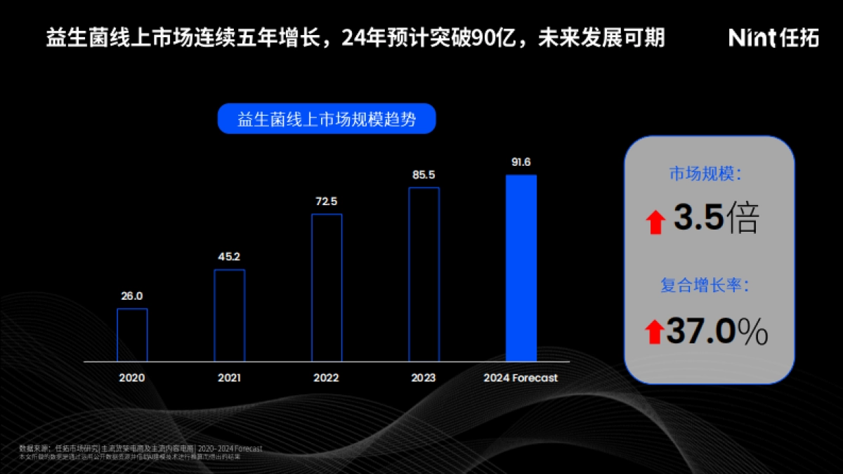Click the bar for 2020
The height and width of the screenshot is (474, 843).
click(132, 335)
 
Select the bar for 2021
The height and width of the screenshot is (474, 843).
click(229, 315)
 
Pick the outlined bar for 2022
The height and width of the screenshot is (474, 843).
click(327, 288)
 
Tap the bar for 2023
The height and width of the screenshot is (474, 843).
click(424, 275)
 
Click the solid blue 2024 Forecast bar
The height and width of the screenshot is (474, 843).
click(521, 268)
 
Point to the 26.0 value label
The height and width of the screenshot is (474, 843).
click(132, 296)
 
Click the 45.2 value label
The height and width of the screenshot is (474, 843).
click(229, 257)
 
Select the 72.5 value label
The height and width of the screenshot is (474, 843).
click(327, 202)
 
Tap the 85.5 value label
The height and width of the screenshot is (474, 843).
click(424, 175)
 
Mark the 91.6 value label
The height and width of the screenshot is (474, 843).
click(521, 162)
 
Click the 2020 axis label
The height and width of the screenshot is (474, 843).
click(132, 378)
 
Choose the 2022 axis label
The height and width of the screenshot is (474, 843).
click(327, 378)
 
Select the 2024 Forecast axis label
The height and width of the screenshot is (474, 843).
click(521, 378)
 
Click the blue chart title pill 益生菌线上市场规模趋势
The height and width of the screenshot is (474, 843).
click(327, 119)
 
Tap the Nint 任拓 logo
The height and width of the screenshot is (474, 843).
click(773, 38)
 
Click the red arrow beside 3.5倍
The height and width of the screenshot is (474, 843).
click(655, 223)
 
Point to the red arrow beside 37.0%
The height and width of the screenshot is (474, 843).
click(654, 331)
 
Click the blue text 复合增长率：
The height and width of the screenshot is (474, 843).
click(705, 286)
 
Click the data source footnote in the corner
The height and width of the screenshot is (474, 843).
click(140, 452)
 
